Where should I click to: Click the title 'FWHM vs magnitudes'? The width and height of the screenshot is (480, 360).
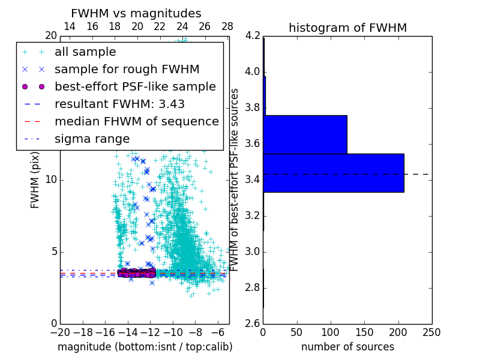click(136, 13)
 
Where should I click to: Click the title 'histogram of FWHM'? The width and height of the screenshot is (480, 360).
click(347, 28)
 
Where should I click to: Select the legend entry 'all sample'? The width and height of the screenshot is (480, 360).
click(85, 52)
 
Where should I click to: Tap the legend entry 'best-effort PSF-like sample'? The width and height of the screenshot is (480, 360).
click(135, 86)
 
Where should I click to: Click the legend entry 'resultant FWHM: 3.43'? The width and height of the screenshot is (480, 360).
click(119, 104)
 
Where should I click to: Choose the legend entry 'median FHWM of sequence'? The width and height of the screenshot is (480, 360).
click(136, 121)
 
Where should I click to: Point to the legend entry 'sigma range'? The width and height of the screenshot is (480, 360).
click(92, 139)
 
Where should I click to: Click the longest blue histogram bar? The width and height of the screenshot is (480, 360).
click(333, 173)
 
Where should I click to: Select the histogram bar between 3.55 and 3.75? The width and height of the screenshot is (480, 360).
click(305, 134)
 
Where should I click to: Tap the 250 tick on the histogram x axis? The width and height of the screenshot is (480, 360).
click(431, 332)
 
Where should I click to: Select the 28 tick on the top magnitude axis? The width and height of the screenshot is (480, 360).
click(227, 26)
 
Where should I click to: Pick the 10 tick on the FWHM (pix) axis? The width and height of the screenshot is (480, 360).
click(51, 180)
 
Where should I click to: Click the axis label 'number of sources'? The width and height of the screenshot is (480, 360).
click(347, 347)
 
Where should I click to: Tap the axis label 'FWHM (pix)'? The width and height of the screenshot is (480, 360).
click(35, 180)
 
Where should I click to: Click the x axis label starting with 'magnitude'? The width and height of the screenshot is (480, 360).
click(145, 347)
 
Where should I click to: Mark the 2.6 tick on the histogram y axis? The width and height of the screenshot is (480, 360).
click(252, 323)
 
